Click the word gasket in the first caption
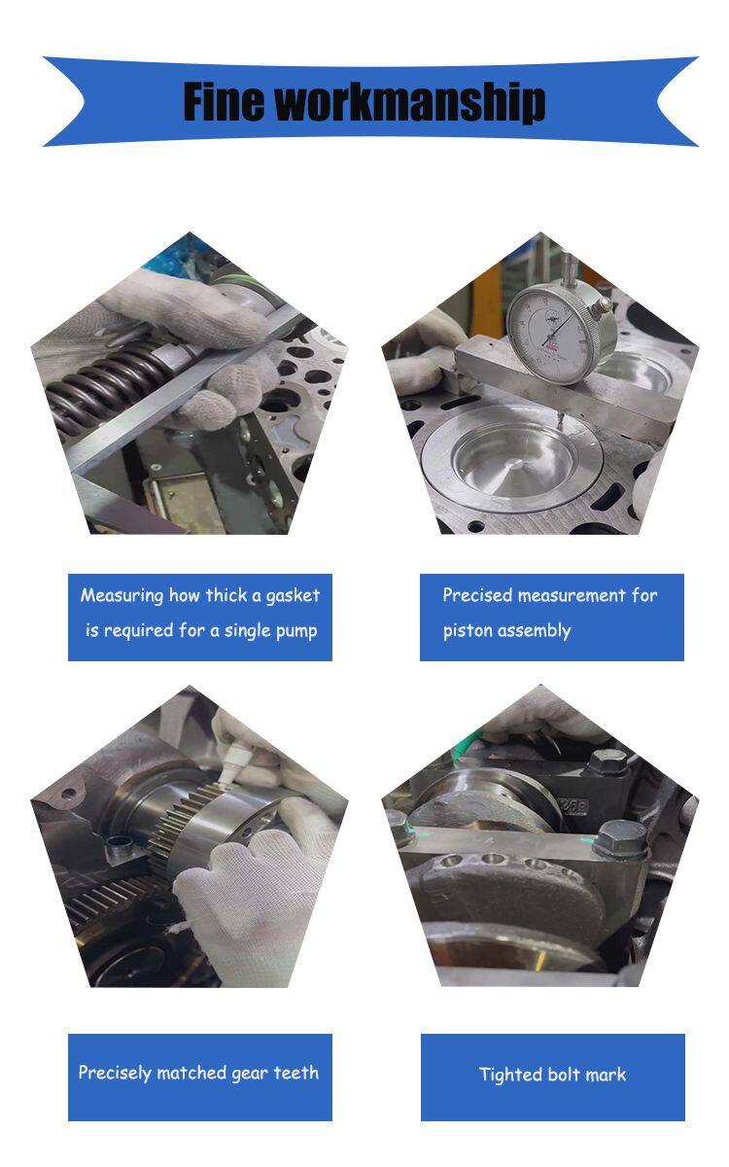pyautogui.click(x=293, y=596)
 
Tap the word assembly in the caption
pyautogui.click(x=535, y=631)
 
